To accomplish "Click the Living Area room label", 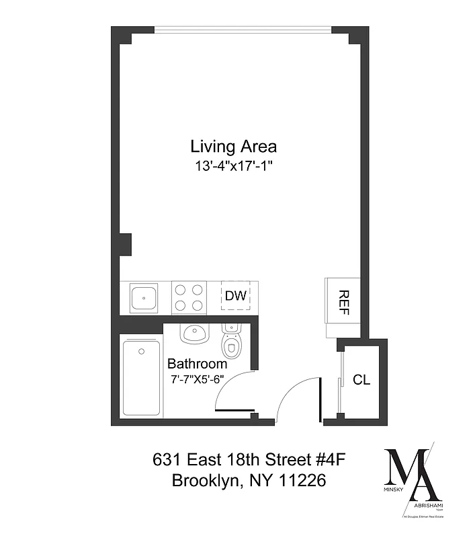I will click(233, 146).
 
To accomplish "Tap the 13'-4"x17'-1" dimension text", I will click(233, 165).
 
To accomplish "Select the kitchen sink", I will click(144, 297).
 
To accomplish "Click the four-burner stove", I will click(189, 297).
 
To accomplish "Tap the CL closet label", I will click(361, 380).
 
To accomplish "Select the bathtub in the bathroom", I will click(142, 377).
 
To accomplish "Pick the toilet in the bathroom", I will click(232, 342).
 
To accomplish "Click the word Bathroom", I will click(197, 364).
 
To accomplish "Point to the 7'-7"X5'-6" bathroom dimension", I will click(197, 380).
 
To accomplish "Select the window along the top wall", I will click(243, 29).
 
